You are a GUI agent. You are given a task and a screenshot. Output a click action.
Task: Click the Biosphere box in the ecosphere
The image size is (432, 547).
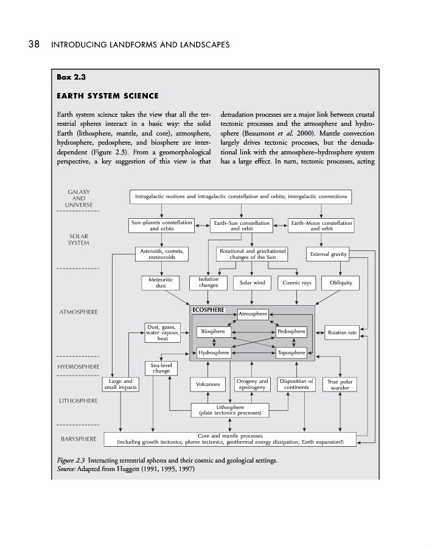[x=214, y=332]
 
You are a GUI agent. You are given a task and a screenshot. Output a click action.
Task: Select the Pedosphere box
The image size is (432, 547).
[x=291, y=332]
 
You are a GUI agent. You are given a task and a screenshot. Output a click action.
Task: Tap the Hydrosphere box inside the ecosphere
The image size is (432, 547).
[x=214, y=352]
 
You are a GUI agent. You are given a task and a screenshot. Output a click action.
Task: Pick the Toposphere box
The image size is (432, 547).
[x=291, y=352]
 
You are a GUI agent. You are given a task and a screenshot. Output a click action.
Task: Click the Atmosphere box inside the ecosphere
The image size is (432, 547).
[x=253, y=314]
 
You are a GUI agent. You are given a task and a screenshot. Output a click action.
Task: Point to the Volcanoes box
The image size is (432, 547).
[x=208, y=384]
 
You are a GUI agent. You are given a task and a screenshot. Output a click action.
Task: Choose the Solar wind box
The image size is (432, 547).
[x=252, y=283]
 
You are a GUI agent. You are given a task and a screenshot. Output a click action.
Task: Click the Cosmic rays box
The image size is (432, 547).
[x=298, y=283]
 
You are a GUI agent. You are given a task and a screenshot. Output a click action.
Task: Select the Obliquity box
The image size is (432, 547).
[x=340, y=283]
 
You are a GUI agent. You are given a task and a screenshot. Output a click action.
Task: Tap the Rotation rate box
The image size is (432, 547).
[x=341, y=332]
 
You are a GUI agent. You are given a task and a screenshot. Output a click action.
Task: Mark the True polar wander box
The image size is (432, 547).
[x=341, y=384]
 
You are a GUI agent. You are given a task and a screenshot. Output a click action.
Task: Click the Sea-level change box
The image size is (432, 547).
[x=157, y=367]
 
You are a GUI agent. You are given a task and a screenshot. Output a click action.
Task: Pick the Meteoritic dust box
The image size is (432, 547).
[x=161, y=283]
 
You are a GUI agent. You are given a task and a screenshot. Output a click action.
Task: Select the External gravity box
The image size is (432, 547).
[x=328, y=254]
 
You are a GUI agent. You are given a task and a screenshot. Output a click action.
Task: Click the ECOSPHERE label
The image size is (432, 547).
[x=208, y=310]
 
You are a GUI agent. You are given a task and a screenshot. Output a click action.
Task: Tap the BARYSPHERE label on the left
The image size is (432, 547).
[x=77, y=438]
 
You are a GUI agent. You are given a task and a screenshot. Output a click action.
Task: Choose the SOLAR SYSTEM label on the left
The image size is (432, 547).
[x=77, y=239]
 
